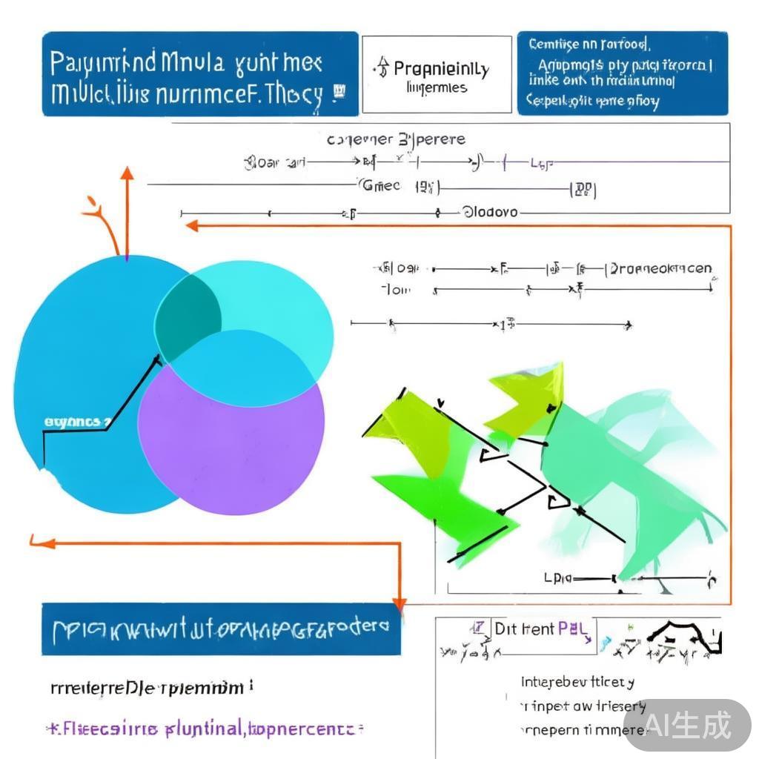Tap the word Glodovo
(490, 212)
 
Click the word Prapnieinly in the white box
(441, 70)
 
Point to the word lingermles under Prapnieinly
(437, 88)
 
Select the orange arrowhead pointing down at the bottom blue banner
(400, 603)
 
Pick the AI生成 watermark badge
(687, 724)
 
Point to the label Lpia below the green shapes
(557, 577)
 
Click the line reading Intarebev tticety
(578, 682)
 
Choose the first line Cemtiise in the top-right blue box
(589, 45)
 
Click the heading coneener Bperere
(396, 139)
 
